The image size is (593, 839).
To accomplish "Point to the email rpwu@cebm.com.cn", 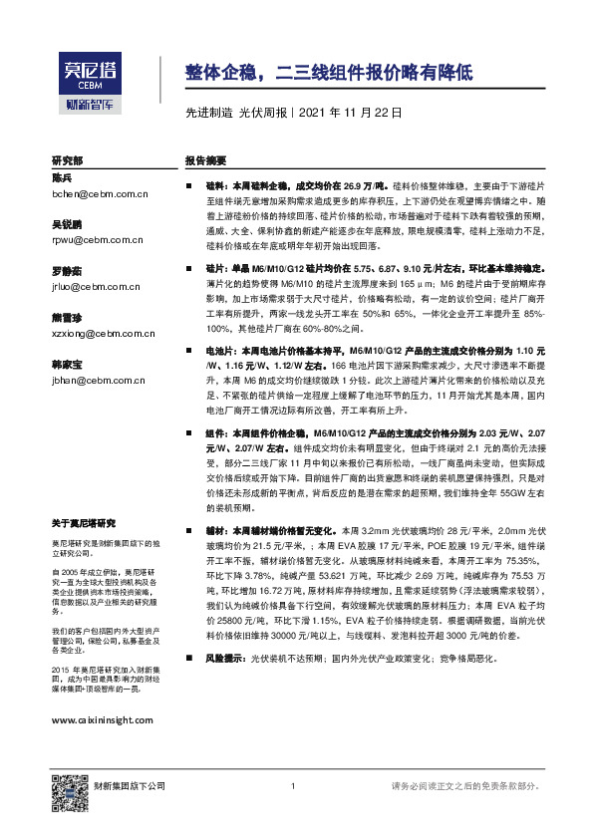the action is tap(96, 239).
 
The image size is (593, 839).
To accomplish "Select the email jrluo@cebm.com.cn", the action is tap(96, 286).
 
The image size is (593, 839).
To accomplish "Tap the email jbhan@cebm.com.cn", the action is tap(96, 380).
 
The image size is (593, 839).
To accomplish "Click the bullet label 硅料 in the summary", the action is tap(215, 185).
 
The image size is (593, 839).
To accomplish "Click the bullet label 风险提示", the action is tap(223, 659).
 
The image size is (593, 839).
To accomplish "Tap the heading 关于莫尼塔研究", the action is tap(84, 524).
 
